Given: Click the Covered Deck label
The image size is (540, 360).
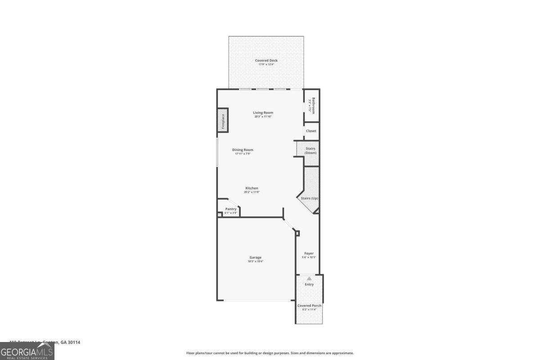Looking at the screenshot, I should [x=266, y=60].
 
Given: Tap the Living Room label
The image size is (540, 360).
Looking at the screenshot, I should [x=263, y=112].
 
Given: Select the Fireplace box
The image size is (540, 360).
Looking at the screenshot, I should [x=222, y=120].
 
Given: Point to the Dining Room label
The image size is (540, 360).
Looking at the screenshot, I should [x=243, y=150].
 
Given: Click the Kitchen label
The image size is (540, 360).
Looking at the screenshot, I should [x=252, y=188].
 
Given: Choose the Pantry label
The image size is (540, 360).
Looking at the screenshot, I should [x=231, y=209].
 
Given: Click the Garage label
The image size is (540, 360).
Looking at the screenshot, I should [x=255, y=257].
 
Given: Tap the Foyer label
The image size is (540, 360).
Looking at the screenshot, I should [x=309, y=253].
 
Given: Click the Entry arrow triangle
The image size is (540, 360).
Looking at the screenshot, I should [x=309, y=279].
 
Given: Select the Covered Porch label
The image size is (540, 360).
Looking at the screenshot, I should [x=309, y=306].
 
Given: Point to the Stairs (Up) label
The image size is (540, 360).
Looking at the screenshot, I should [x=310, y=198].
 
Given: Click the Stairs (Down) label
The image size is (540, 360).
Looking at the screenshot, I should [x=310, y=150].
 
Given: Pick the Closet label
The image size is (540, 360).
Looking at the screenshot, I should [x=311, y=131].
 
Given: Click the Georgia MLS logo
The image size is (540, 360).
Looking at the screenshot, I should [x=27, y=351].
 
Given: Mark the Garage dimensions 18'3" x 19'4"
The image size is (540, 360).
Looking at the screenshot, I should [x=255, y=261].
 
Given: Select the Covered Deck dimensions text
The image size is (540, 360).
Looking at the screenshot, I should [x=266, y=64].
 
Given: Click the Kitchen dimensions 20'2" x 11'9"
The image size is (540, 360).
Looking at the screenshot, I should [x=252, y=192].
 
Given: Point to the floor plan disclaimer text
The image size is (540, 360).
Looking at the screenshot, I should [x=270, y=353].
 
